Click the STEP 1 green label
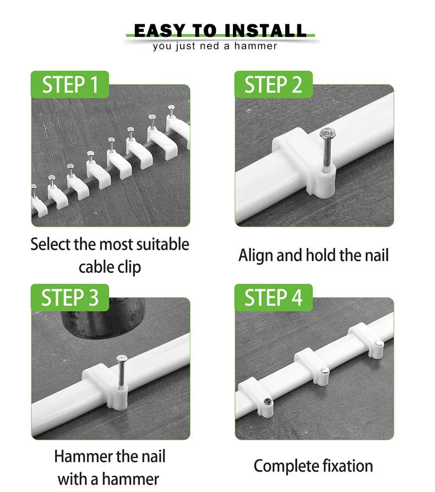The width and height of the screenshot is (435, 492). pyautogui.click(x=70, y=84)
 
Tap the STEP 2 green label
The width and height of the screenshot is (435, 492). pyautogui.click(x=273, y=84)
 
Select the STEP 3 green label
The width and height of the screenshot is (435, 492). pyautogui.click(x=70, y=298)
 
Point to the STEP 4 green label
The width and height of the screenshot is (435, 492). pyautogui.click(x=273, y=298)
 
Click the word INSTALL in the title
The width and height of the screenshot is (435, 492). pyautogui.click(x=265, y=31)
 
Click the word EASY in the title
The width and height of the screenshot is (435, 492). pyautogui.click(x=160, y=31)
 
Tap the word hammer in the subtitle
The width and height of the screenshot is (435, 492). pyautogui.click(x=255, y=46)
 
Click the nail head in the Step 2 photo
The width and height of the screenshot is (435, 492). pyautogui.click(x=327, y=133)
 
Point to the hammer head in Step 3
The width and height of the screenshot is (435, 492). pyautogui.click(x=102, y=318)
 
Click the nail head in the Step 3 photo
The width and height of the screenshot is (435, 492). pyautogui.click(x=122, y=359)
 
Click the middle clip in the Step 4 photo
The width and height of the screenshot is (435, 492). pyautogui.click(x=312, y=366)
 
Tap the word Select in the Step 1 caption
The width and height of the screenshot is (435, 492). pyautogui.click(x=51, y=244)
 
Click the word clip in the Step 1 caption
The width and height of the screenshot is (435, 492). pyautogui.click(x=129, y=267)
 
